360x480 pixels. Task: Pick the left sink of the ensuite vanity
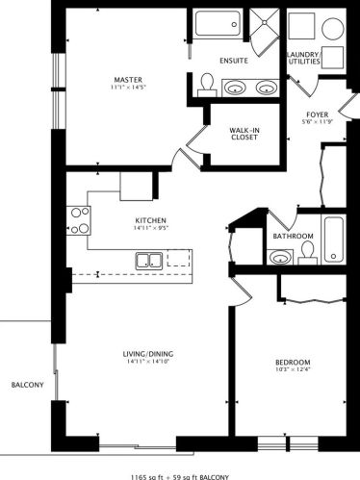point(235,88)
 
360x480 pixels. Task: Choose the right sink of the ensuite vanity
point(265,88)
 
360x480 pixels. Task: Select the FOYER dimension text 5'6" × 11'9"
point(318,122)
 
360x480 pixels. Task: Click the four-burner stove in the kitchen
point(78,221)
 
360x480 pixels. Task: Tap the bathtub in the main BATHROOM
point(334,240)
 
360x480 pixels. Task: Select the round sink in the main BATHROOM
point(278,258)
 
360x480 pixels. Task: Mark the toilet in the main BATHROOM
point(307,253)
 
